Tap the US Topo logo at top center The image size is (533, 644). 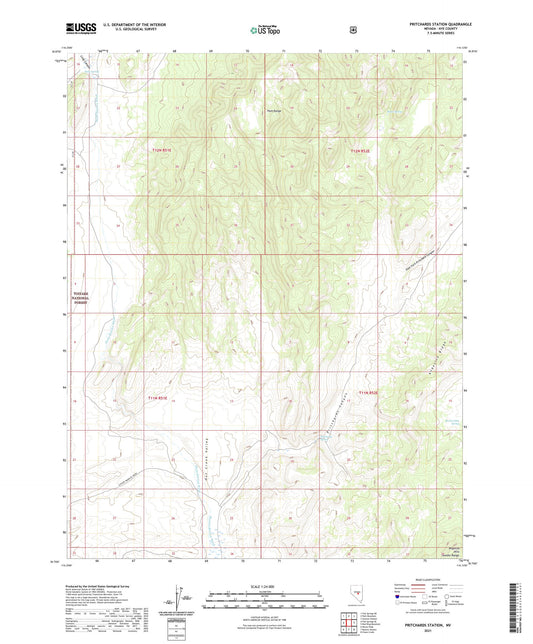266,31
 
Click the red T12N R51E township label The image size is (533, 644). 162,150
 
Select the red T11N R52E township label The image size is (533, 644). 369,392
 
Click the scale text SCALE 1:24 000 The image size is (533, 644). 267,586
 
